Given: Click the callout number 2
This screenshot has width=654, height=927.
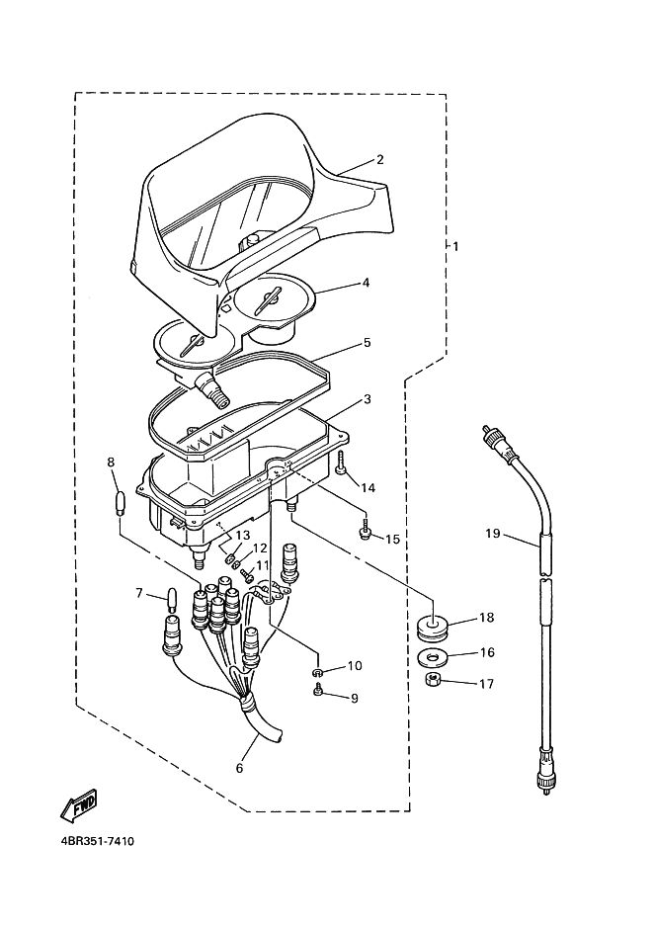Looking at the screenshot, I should [380, 159].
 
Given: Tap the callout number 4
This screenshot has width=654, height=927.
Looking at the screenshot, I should [366, 282].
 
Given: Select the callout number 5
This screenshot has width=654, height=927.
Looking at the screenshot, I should [367, 342].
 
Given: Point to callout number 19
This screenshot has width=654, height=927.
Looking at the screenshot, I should [492, 534].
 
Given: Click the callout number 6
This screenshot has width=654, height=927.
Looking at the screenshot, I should [238, 768].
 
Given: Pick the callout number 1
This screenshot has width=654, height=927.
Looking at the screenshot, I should [455, 245].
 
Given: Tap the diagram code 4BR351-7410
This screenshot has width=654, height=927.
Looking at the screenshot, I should [89, 842].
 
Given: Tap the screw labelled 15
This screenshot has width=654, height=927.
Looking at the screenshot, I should [366, 533].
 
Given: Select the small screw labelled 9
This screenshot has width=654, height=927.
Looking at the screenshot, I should [318, 693].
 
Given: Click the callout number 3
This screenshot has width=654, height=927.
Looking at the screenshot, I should [367, 399].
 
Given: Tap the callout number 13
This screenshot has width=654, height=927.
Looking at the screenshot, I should [243, 535].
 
